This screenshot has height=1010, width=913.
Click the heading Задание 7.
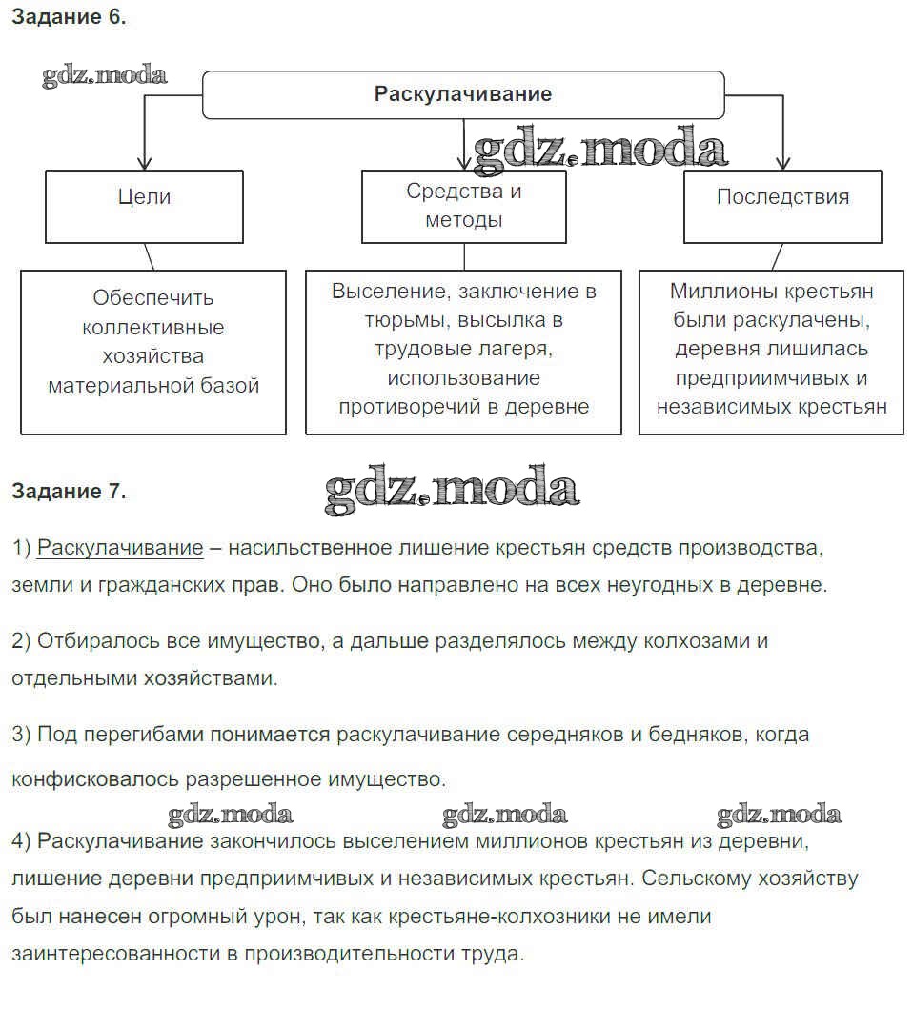(68, 492)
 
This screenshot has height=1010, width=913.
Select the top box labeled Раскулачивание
(463, 94)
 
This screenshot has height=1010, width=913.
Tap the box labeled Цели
(144, 197)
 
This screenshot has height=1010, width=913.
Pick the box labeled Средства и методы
(464, 205)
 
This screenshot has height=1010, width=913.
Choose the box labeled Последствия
(782, 197)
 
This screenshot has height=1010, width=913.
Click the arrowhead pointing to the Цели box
(144, 161)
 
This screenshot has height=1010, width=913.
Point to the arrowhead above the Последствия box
(783, 161)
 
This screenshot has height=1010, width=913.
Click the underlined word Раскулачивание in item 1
(120, 548)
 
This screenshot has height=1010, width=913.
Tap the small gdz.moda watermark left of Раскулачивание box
(104, 75)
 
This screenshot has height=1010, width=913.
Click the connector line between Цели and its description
(149, 256)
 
